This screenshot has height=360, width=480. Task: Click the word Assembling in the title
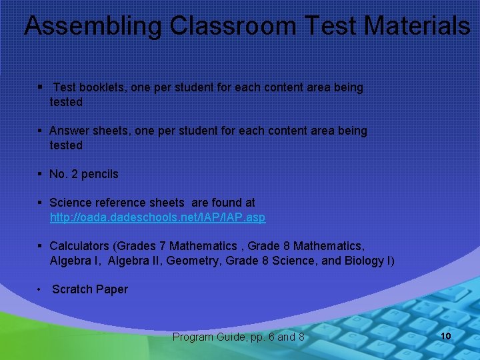pos(93,26)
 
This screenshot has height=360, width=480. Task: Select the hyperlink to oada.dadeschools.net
pos(157,218)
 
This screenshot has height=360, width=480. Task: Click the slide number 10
pos(446,335)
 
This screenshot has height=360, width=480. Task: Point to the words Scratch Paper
pos(90,289)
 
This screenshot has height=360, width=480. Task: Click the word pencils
pos(100,174)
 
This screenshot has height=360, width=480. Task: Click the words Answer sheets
pos(88,131)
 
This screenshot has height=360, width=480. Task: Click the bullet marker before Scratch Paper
pos(40,289)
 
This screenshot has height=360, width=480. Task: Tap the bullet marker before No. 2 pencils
pos(41,174)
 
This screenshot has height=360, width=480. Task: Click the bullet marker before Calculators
pos(41,246)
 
